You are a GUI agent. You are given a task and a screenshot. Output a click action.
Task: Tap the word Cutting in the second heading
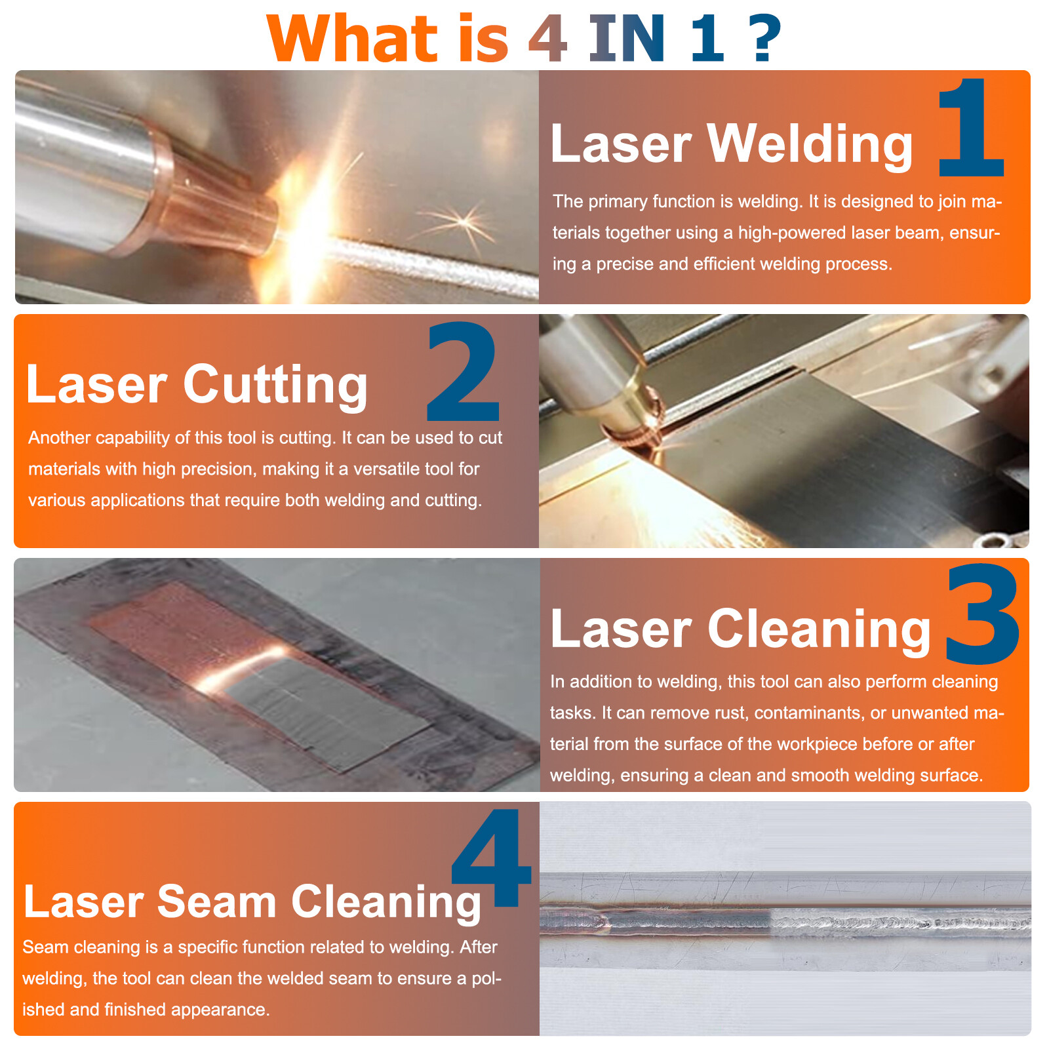click(x=275, y=385)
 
